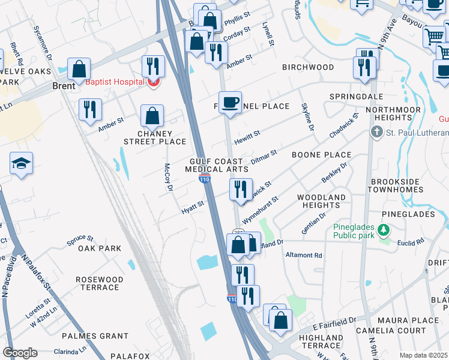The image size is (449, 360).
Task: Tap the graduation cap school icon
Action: (21, 164)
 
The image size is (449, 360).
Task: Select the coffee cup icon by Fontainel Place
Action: (230, 102)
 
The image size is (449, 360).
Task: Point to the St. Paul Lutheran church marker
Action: (377, 133)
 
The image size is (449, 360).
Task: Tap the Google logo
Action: (20, 353)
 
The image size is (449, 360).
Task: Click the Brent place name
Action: (63, 86)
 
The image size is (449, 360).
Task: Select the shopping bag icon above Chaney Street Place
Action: (153, 115)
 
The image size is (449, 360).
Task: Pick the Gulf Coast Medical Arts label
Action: (217, 166)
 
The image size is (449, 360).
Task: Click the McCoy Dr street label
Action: (169, 178)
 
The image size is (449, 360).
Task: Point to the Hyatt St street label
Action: (193, 207)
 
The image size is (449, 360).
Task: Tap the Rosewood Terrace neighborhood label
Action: (100, 283)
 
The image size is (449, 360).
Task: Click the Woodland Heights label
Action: (321, 201)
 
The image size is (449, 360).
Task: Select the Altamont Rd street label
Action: (304, 255)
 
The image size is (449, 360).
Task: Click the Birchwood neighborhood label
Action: (308, 67)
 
